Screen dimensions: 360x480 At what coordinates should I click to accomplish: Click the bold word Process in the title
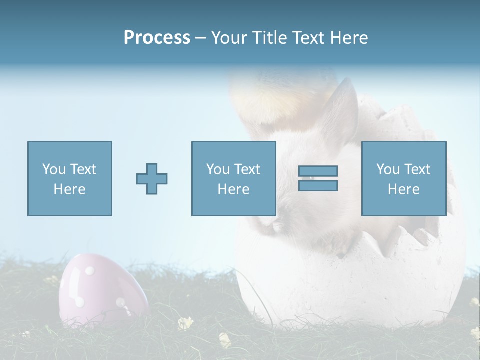pos(157,38)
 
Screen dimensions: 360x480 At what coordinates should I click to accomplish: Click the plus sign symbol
pos(152,179)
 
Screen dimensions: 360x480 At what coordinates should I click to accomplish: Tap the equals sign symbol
pos(318,178)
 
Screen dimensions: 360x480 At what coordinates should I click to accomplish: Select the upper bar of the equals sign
pos(318,171)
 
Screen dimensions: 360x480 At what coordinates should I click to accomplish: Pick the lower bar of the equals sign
pos(318,186)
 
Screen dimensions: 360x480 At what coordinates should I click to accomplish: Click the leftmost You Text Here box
pos(70,178)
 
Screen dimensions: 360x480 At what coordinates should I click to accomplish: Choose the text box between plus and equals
pos(233,178)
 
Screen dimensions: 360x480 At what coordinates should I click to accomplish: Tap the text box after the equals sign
pos(403,178)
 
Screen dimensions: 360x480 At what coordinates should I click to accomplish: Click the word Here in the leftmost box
pos(70,189)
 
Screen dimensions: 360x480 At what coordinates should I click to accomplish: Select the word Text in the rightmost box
pos(417,169)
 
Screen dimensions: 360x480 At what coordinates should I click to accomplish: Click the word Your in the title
pos(230,38)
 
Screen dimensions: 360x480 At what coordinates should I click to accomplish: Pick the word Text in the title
pos(307,38)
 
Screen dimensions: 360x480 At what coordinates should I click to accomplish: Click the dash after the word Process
pos(201,38)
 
